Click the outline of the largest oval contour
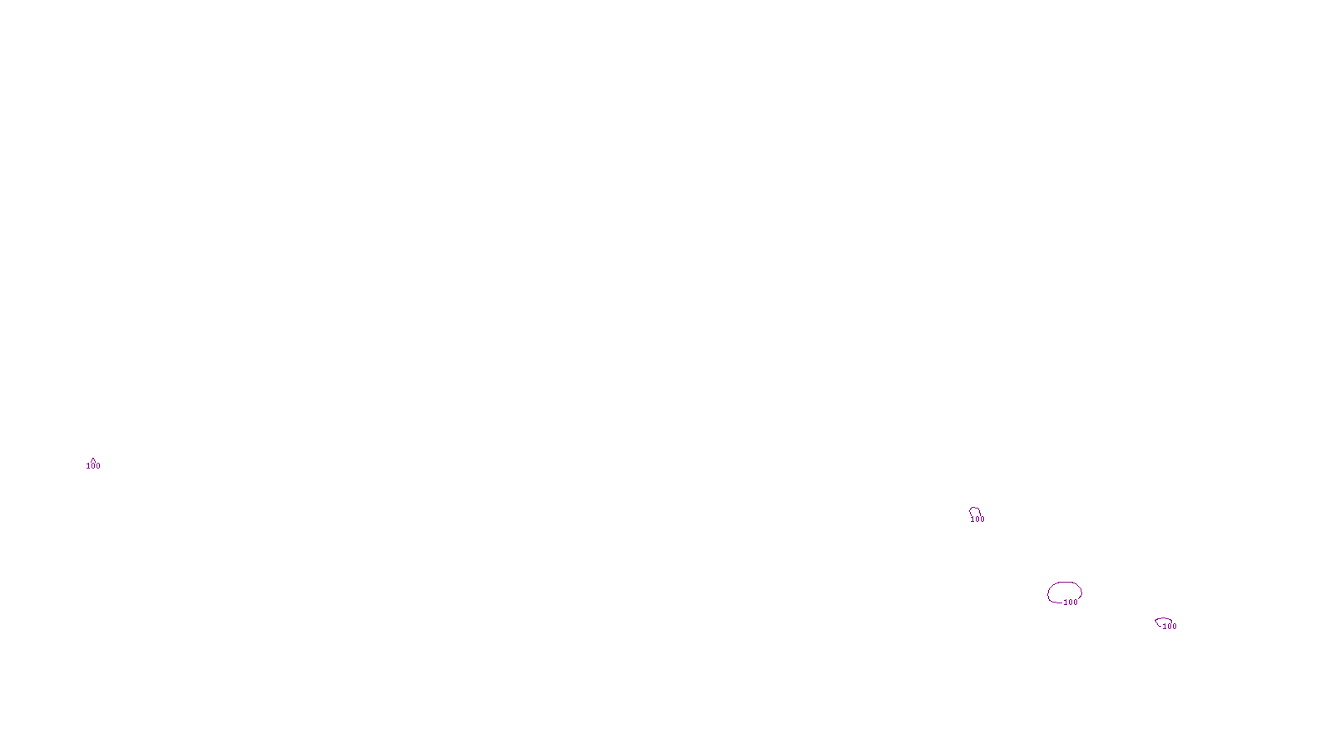pyautogui.click(x=1064, y=583)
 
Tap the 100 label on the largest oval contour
pyautogui.click(x=1071, y=603)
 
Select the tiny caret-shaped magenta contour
pyautogui.click(x=93, y=459)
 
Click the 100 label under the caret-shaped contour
pyautogui.click(x=93, y=466)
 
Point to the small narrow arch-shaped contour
pyautogui.click(x=974, y=509)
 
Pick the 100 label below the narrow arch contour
pyautogui.click(x=977, y=519)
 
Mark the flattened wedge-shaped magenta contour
pyautogui.click(x=1163, y=619)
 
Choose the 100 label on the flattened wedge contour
pyautogui.click(x=1170, y=627)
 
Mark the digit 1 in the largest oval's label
pyautogui.click(x=1066, y=603)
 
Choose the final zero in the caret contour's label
pyautogui.click(x=98, y=466)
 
